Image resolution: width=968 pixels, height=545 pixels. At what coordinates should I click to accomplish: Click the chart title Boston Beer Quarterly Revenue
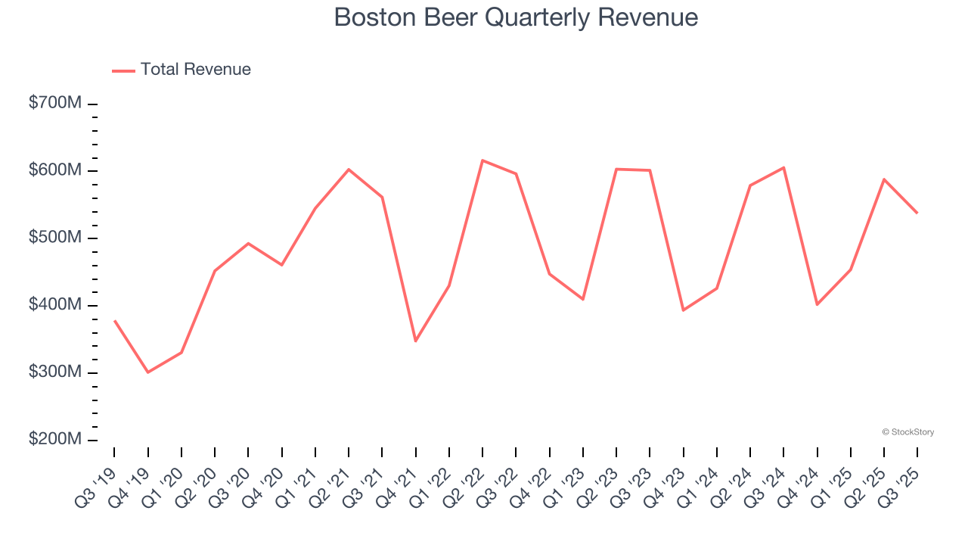tap(516, 17)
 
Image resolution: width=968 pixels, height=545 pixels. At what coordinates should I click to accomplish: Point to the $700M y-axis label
tap(55, 103)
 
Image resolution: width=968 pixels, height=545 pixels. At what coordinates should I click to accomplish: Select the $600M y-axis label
tap(55, 170)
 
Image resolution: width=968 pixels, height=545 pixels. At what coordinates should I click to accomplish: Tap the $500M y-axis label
tap(55, 238)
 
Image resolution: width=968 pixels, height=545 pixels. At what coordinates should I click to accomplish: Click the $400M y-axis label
tap(55, 305)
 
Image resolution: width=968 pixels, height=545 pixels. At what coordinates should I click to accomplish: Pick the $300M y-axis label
tap(55, 372)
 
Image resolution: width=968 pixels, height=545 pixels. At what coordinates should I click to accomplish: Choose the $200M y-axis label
tap(55, 440)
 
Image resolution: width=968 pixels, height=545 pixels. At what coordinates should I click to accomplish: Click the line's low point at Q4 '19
tap(147, 372)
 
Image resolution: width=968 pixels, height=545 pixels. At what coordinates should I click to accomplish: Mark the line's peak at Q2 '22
tap(482, 160)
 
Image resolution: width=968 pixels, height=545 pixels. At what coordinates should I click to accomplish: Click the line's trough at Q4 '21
tap(415, 341)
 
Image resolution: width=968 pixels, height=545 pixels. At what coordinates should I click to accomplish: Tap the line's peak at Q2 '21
tap(349, 170)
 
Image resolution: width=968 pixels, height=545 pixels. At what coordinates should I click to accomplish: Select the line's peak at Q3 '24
tap(783, 167)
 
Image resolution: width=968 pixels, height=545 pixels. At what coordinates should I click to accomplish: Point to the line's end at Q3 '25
tap(917, 213)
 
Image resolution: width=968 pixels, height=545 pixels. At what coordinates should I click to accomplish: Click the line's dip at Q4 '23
tap(683, 310)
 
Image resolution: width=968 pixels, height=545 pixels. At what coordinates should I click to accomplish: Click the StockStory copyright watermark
tap(907, 432)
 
